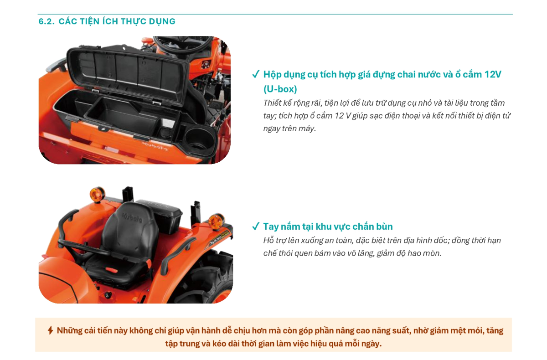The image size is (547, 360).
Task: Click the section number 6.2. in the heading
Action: [46, 21]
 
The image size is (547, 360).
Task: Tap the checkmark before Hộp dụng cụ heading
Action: [256, 74]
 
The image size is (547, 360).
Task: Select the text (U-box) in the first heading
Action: [280, 89]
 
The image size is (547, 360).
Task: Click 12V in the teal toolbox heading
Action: [492, 74]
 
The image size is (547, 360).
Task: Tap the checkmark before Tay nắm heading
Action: [256, 226]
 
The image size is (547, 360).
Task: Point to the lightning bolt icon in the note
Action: [51, 330]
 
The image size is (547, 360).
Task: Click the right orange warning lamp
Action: [216, 221]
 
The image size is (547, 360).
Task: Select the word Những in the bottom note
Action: [69, 330]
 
